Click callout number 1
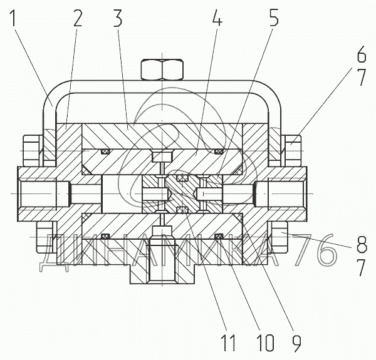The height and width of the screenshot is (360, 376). tap(13, 18)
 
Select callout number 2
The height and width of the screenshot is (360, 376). tap(78, 18)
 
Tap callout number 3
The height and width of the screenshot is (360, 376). tap(118, 18)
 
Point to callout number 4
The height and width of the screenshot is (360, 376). tap(217, 18)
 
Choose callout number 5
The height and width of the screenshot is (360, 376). tap(274, 18)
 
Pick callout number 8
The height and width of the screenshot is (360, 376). tap(362, 244)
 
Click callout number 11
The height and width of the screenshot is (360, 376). tap(228, 344)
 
